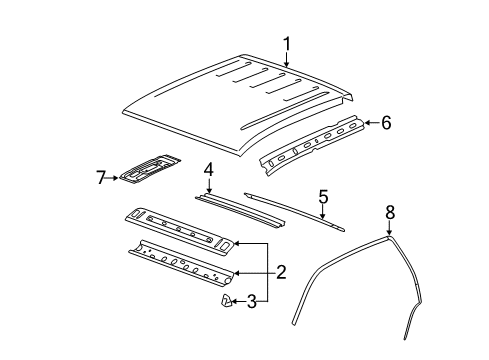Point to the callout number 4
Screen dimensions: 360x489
point(207,169)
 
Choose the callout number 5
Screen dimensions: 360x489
point(323,198)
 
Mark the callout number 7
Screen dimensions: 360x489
point(100,177)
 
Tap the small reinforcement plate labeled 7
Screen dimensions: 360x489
point(150,171)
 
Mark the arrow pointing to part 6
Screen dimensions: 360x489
point(370,122)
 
